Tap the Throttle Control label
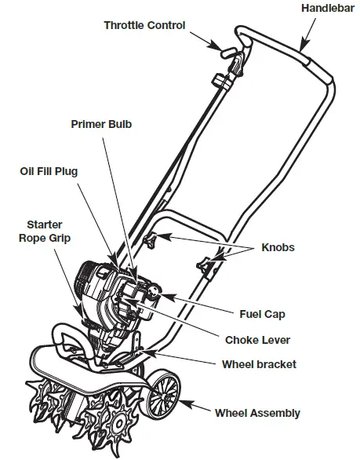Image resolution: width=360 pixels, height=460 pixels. [x=144, y=25]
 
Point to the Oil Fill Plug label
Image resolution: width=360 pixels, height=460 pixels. [x=49, y=170]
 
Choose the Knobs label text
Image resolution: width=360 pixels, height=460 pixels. [x=278, y=248]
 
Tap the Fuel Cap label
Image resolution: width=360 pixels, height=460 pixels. [x=262, y=314]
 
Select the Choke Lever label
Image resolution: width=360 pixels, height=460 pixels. [x=257, y=340]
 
